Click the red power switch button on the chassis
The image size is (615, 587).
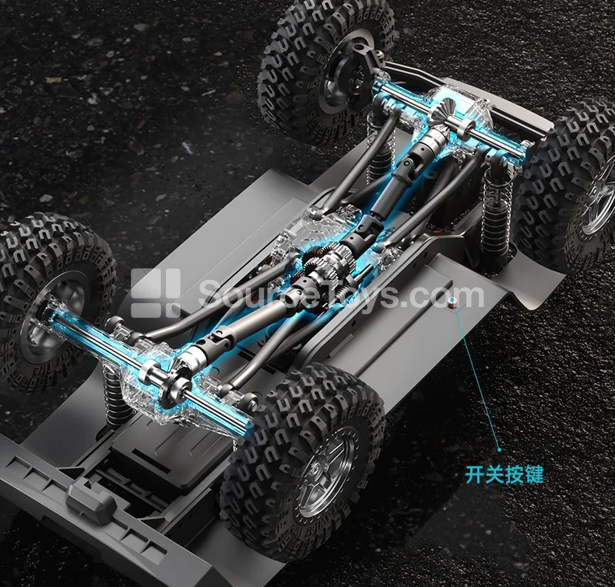pyautogui.click(x=453, y=302)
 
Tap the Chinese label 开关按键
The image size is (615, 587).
pyautogui.click(x=504, y=474)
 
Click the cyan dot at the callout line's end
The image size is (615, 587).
pyautogui.click(x=499, y=449)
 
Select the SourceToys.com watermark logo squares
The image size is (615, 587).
pyautogui.click(x=156, y=292)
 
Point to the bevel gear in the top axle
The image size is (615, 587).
pyautogui.click(x=444, y=112)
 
